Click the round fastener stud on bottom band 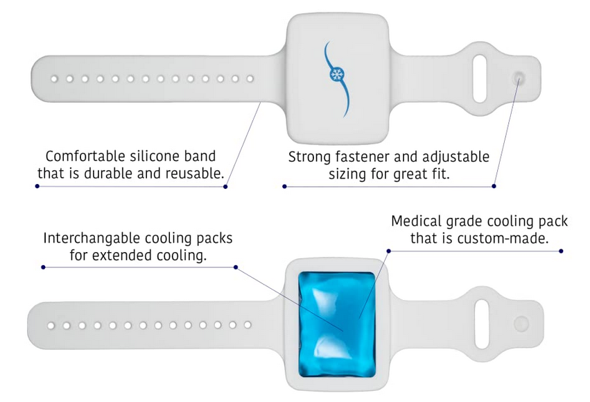(521, 323)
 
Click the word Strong (311, 157)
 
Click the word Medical (417, 222)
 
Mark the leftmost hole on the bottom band (51, 325)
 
